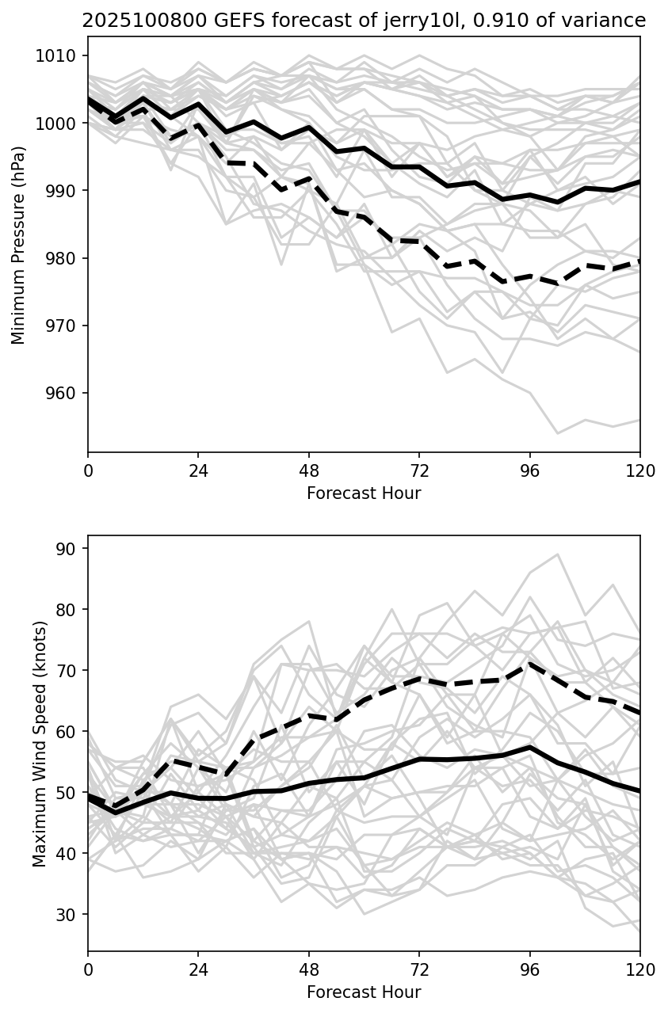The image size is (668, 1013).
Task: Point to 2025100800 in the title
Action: point(134,21)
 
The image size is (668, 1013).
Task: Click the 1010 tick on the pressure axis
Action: point(59,56)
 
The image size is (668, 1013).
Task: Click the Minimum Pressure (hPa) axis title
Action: point(19,245)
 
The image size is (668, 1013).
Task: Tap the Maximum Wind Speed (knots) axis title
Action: point(40,743)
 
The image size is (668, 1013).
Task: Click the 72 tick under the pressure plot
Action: point(419,470)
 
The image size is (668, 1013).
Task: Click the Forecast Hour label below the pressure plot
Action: point(364,493)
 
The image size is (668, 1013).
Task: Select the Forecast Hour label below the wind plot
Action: point(364,992)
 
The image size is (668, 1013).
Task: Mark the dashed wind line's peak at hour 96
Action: point(530,663)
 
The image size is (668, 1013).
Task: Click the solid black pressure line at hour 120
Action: point(639,182)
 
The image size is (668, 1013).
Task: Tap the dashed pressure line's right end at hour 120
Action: point(639,261)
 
